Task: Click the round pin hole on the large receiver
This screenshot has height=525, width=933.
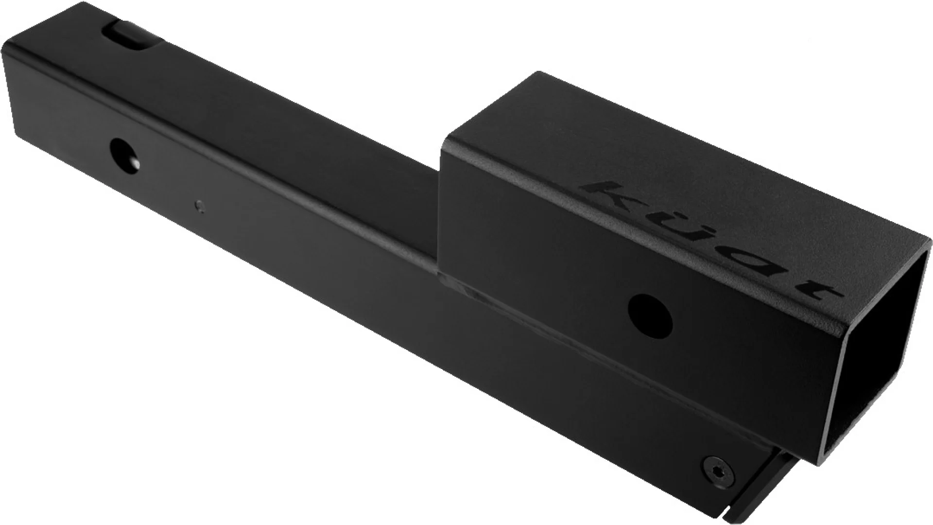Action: tap(650, 312)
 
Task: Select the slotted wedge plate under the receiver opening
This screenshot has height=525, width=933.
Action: tap(758, 472)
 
